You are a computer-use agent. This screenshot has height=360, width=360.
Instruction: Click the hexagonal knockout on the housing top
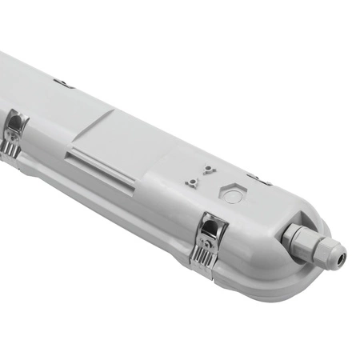click(x=231, y=194)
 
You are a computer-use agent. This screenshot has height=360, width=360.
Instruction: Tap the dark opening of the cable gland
click(x=342, y=255)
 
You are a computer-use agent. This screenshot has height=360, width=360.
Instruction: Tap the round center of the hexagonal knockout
click(x=231, y=194)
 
